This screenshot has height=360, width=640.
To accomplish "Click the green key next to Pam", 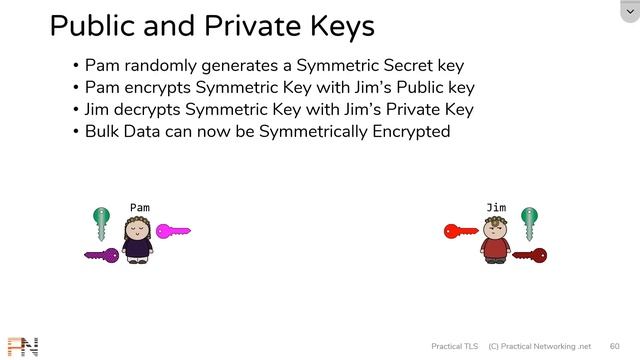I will tap(100, 219).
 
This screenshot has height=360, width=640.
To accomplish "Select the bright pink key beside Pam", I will tap(172, 232).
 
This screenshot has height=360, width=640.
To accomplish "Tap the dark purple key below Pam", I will tap(101, 255).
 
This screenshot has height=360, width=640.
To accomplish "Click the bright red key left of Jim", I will tap(461, 232).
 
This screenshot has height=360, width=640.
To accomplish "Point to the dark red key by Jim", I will tap(529, 255).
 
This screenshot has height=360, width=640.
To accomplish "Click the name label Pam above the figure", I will tap(139, 208).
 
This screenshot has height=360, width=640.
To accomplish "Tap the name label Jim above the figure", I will tap(496, 208).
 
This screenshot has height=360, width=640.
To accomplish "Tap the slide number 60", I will tap(614, 346).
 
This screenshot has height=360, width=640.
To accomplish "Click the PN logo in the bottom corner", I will tap(21, 347).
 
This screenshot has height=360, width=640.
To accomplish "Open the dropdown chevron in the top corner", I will tap(628, 10).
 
